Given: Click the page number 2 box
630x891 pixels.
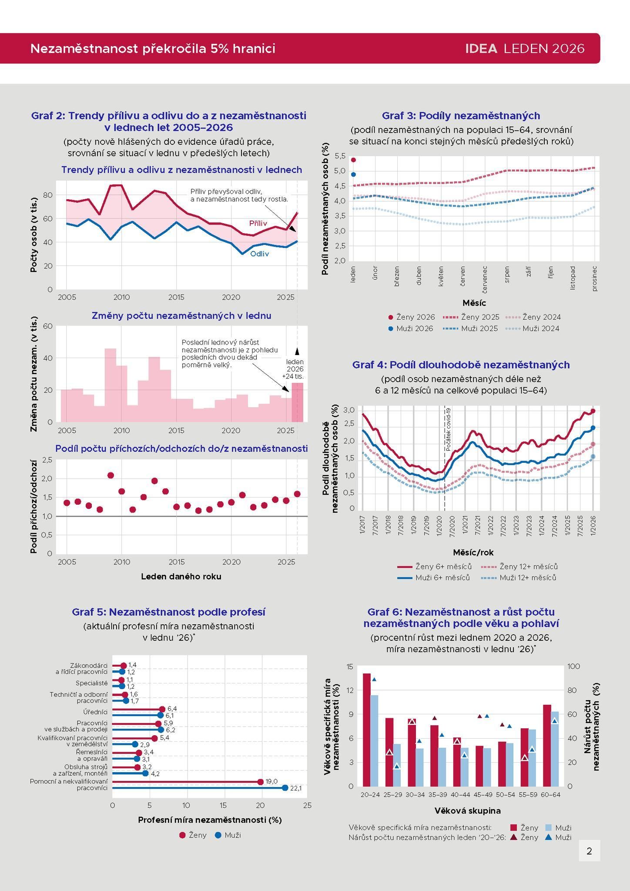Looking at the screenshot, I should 589,851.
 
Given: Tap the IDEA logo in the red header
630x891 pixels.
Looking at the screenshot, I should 481,48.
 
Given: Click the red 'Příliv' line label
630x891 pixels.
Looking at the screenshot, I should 258,223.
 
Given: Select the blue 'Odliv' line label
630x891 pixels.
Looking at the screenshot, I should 259,254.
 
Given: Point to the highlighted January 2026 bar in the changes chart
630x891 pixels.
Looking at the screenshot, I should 297,402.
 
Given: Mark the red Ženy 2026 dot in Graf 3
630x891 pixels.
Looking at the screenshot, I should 353,160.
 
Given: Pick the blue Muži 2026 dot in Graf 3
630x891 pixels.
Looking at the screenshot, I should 353,174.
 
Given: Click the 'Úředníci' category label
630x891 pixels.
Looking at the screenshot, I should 95,712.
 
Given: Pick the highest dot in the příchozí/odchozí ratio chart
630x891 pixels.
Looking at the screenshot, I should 111,475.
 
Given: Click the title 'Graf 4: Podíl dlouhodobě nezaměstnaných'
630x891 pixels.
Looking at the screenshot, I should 461,365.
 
